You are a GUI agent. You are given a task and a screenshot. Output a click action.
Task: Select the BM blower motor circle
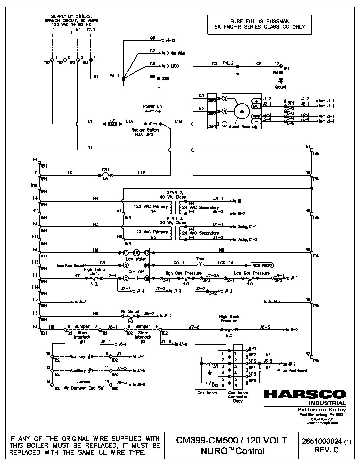242,111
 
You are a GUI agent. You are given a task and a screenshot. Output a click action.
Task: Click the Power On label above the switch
153,106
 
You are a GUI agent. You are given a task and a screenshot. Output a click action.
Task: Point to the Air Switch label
130,311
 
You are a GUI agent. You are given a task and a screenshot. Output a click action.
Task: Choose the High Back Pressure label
229,319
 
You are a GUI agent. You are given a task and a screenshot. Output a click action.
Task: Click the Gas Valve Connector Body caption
238,396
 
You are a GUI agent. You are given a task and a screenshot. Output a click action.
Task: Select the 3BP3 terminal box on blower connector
212,100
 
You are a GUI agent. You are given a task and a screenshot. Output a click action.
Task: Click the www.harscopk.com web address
324,423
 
